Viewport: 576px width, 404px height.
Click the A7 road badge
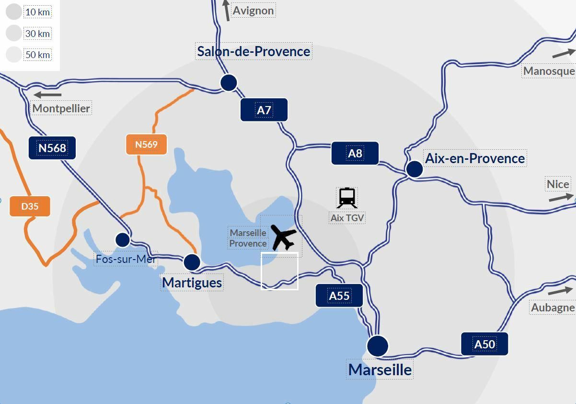click(264, 110)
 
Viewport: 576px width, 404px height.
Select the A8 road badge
click(355, 153)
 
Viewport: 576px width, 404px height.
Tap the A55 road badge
click(339, 296)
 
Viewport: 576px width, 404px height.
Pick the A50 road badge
click(484, 344)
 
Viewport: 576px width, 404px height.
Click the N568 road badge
click(52, 148)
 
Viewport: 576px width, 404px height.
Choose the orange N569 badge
click(146, 144)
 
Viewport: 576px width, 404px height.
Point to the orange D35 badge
click(30, 206)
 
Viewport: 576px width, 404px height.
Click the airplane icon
click(284, 237)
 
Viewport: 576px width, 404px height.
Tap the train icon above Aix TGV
click(347, 197)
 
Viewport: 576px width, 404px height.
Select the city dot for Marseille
click(378, 345)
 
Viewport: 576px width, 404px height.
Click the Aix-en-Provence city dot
click(415, 169)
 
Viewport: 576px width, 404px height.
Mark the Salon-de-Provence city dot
click(229, 83)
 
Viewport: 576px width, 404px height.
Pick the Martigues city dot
click(192, 262)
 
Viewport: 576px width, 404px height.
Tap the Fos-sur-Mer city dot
click(123, 239)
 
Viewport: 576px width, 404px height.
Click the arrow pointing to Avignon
click(227, 10)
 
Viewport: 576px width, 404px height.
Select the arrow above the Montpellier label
click(47, 95)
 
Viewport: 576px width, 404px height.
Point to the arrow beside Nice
click(560, 197)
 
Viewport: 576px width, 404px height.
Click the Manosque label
click(549, 71)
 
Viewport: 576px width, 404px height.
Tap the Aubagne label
click(553, 308)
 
